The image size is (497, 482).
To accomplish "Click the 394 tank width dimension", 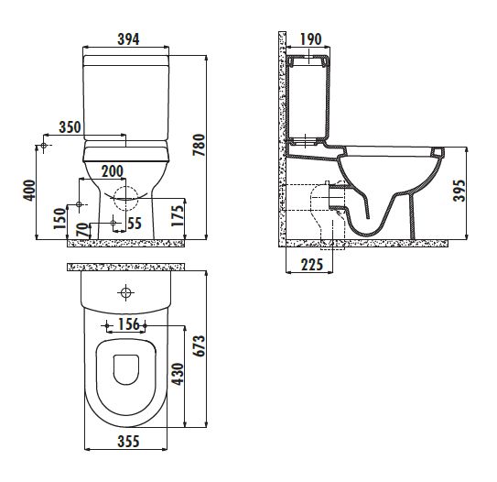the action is [x=128, y=39].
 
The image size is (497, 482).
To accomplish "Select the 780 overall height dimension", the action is [x=199, y=145].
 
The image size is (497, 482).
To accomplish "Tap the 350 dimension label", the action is [x=70, y=127].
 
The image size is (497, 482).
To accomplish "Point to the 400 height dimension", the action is [x=29, y=190].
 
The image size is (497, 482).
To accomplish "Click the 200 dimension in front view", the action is [x=113, y=171].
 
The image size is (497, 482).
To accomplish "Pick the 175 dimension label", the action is [x=178, y=215].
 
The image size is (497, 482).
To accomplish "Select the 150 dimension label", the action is [x=59, y=218].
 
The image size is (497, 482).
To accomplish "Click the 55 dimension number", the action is [x=135, y=224].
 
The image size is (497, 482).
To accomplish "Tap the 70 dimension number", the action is [x=82, y=230].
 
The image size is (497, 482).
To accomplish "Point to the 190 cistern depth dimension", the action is [x=311, y=39].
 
